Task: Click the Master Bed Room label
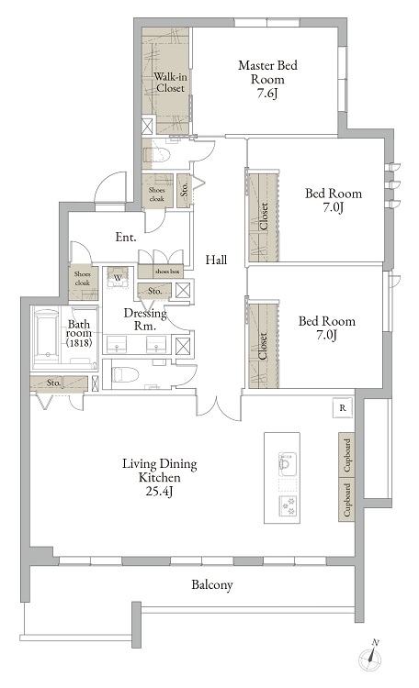(x=267, y=72)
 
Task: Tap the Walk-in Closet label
(x=170, y=82)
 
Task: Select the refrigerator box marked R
(x=343, y=407)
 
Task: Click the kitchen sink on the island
(x=287, y=464)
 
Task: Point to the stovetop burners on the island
(x=288, y=505)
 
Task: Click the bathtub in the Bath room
(x=46, y=336)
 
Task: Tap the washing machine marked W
(x=118, y=277)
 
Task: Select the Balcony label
(x=211, y=585)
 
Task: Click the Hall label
(x=216, y=260)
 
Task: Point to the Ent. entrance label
(x=126, y=238)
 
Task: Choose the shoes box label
(x=167, y=272)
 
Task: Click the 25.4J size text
(x=159, y=492)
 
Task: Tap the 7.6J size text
(x=267, y=94)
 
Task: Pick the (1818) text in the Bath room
(x=79, y=343)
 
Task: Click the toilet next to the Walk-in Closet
(x=156, y=155)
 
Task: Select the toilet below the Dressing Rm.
(x=125, y=374)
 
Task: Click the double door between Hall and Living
(x=218, y=405)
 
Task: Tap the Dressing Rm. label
(x=145, y=319)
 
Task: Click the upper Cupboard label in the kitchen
(x=347, y=455)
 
